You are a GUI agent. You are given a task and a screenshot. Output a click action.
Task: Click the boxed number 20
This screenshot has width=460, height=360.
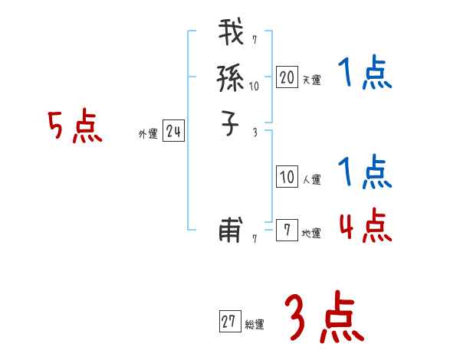click(287, 77)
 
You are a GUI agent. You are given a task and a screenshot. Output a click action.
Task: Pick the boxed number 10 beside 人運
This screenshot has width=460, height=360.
click(287, 178)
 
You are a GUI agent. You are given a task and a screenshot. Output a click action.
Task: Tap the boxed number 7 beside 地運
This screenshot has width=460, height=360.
click(287, 231)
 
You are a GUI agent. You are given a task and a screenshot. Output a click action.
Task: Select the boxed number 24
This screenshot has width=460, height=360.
click(173, 133)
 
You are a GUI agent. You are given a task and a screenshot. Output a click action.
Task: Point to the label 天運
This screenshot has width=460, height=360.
click(312, 80)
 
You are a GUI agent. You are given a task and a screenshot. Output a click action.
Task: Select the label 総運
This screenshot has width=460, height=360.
click(255, 326)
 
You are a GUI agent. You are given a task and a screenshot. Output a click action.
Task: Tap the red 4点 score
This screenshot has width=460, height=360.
click(365, 225)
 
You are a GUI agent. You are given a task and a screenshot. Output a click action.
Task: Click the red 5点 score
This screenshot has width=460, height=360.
click(75, 127)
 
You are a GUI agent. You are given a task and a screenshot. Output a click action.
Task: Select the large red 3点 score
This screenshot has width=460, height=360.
click(324, 319)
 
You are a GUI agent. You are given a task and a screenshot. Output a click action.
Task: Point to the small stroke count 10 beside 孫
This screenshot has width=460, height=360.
click(255, 87)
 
